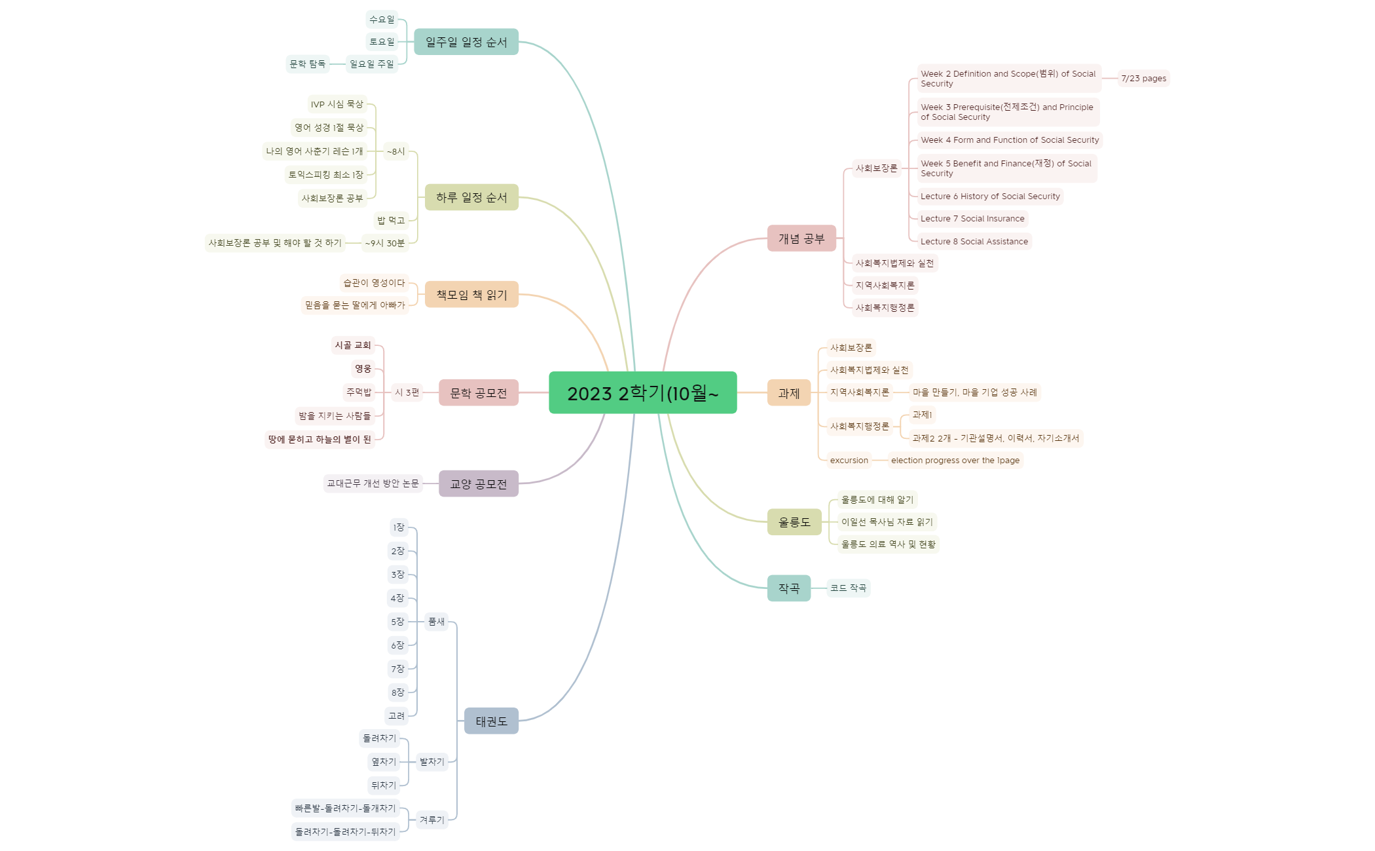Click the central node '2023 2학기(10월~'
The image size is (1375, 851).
(642, 392)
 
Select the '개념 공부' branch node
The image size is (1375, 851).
(801, 238)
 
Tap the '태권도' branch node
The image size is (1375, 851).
(491, 721)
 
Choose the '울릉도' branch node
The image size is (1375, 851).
(794, 522)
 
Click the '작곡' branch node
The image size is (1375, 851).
(788, 588)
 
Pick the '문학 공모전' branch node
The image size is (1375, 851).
(478, 392)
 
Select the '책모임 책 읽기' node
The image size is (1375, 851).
(471, 294)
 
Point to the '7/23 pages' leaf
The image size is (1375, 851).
(1143, 79)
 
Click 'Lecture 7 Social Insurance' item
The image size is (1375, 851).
(972, 219)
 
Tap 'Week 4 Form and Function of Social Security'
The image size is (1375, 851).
(1010, 140)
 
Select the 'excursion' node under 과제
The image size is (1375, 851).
(849, 461)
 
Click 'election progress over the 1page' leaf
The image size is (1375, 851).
(955, 461)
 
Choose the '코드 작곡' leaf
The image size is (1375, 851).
(848, 588)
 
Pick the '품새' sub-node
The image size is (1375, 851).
(436, 622)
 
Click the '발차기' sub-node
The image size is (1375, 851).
(431, 762)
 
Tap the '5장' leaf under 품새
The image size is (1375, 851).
(397, 622)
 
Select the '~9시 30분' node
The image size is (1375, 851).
(385, 243)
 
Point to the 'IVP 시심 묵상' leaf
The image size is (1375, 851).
(337, 104)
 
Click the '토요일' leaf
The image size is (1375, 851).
(382, 42)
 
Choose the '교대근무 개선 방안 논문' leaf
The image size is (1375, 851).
(373, 483)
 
